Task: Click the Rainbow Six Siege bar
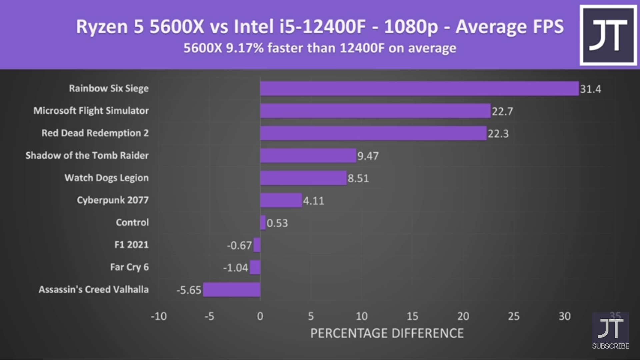pos(419,89)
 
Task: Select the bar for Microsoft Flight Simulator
pos(375,111)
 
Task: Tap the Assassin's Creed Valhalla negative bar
pos(232,289)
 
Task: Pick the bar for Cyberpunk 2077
pos(281,200)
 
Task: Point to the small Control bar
pos(263,223)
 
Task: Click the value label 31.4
pos(590,89)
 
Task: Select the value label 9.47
pos(368,156)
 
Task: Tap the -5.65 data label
pos(189,290)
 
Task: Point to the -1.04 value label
pos(236,268)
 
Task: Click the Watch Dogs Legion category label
pos(107,178)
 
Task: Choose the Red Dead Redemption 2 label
pos(95,133)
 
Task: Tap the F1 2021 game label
pos(131,245)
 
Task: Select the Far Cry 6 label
pos(129,267)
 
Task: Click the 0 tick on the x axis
pos(260,316)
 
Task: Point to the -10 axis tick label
pos(159,316)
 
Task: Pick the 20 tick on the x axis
pos(463,316)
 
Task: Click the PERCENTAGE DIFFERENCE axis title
pos(387,333)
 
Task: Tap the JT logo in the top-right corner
pos(608,35)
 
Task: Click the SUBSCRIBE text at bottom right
pos(610,346)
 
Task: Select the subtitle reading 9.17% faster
pos(320,48)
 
